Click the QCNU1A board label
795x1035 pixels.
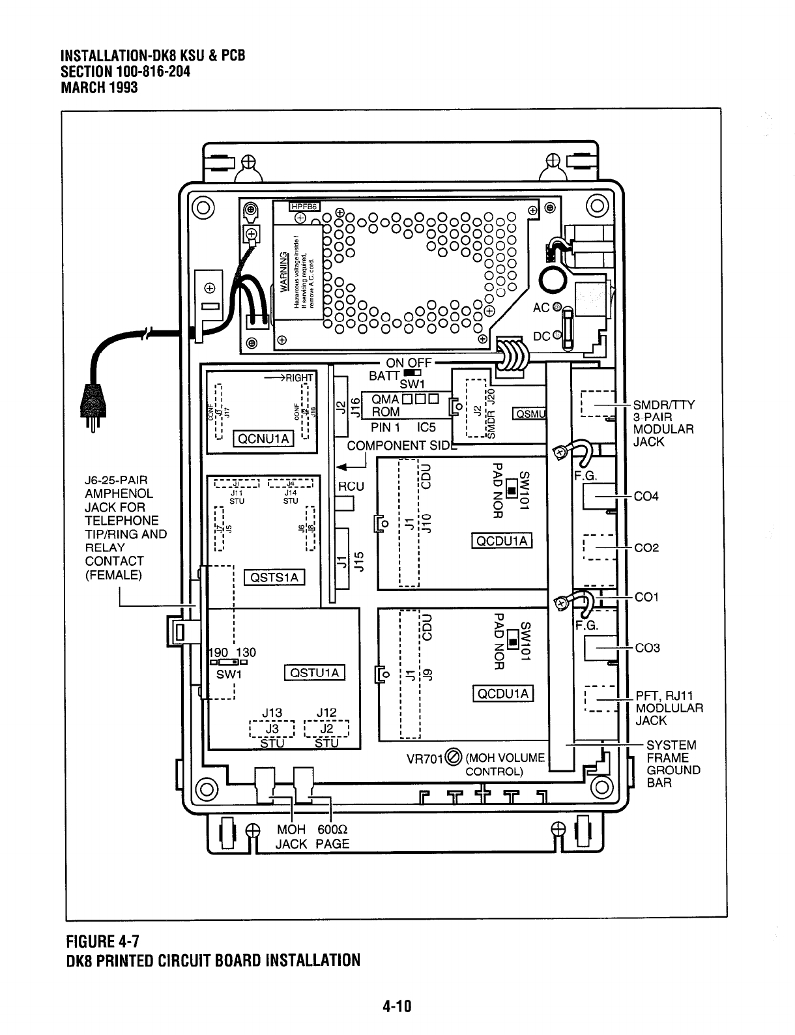point(264,439)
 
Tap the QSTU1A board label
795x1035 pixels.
point(315,673)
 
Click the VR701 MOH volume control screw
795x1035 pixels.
point(454,758)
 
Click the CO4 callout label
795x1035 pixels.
point(646,497)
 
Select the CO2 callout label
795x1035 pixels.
point(646,548)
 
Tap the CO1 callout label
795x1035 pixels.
point(646,597)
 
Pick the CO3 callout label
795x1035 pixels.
point(646,648)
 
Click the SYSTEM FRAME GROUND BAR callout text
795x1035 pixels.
point(673,763)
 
